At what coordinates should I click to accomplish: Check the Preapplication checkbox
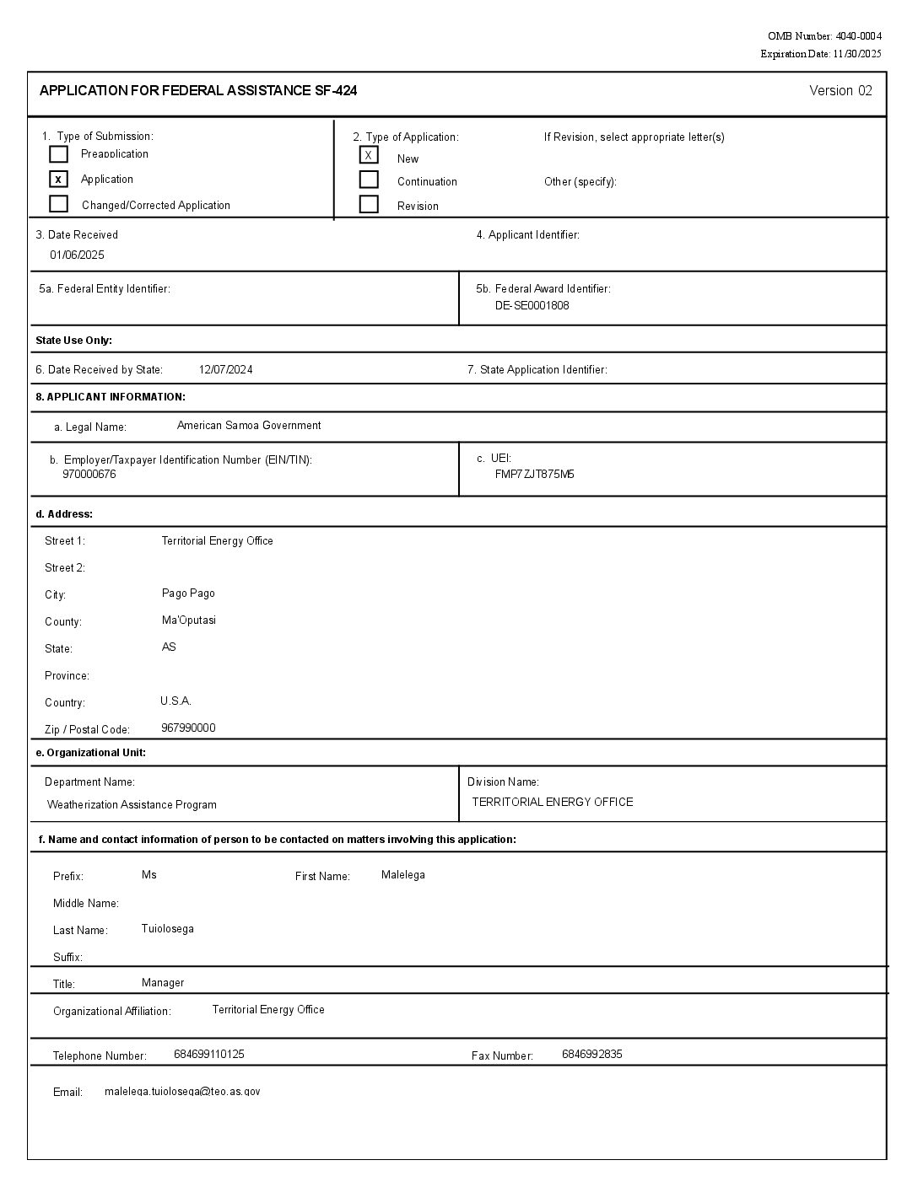[58, 154]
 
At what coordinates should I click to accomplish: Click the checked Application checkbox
[58, 179]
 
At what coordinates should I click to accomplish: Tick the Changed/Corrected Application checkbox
[58, 204]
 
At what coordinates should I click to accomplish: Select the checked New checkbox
[369, 155]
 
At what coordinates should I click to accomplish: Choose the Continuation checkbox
[369, 180]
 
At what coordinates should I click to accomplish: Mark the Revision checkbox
[369, 204]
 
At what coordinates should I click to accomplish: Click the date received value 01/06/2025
[77, 255]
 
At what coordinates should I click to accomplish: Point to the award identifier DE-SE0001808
[532, 305]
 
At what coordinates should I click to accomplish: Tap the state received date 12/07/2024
[225, 369]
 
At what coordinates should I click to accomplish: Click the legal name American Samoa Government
[249, 426]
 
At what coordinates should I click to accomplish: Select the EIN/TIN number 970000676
[89, 474]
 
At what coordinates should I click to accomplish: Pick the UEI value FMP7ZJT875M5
[534, 474]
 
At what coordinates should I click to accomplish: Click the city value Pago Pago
[188, 593]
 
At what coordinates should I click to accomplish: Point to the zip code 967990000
[188, 728]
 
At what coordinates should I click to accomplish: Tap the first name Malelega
[402, 875]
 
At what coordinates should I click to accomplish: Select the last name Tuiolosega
[168, 929]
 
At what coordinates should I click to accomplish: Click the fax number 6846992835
[591, 1054]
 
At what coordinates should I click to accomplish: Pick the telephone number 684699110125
[209, 1054]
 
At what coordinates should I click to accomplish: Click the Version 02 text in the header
[840, 91]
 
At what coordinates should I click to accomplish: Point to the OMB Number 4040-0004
[824, 36]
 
